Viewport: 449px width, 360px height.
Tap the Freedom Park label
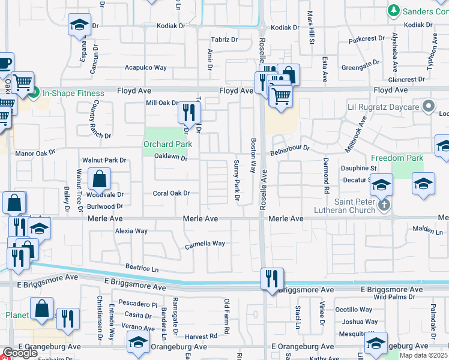point(407,158)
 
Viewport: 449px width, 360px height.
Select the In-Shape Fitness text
point(73,93)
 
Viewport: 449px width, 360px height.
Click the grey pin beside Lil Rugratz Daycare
point(428,107)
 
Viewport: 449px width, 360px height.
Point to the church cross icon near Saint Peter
point(384,205)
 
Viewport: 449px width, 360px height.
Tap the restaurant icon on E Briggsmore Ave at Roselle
point(272,278)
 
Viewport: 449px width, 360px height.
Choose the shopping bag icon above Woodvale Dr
point(99,178)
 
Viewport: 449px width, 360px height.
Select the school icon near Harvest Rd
point(139,343)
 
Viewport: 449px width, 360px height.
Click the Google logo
point(19,353)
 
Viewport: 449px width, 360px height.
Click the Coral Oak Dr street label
point(171,193)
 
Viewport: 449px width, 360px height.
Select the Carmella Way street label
point(205,244)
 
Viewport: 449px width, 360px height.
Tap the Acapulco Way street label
point(145,68)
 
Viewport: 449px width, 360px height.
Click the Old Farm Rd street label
point(227,325)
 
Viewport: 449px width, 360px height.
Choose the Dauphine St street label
point(358,169)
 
